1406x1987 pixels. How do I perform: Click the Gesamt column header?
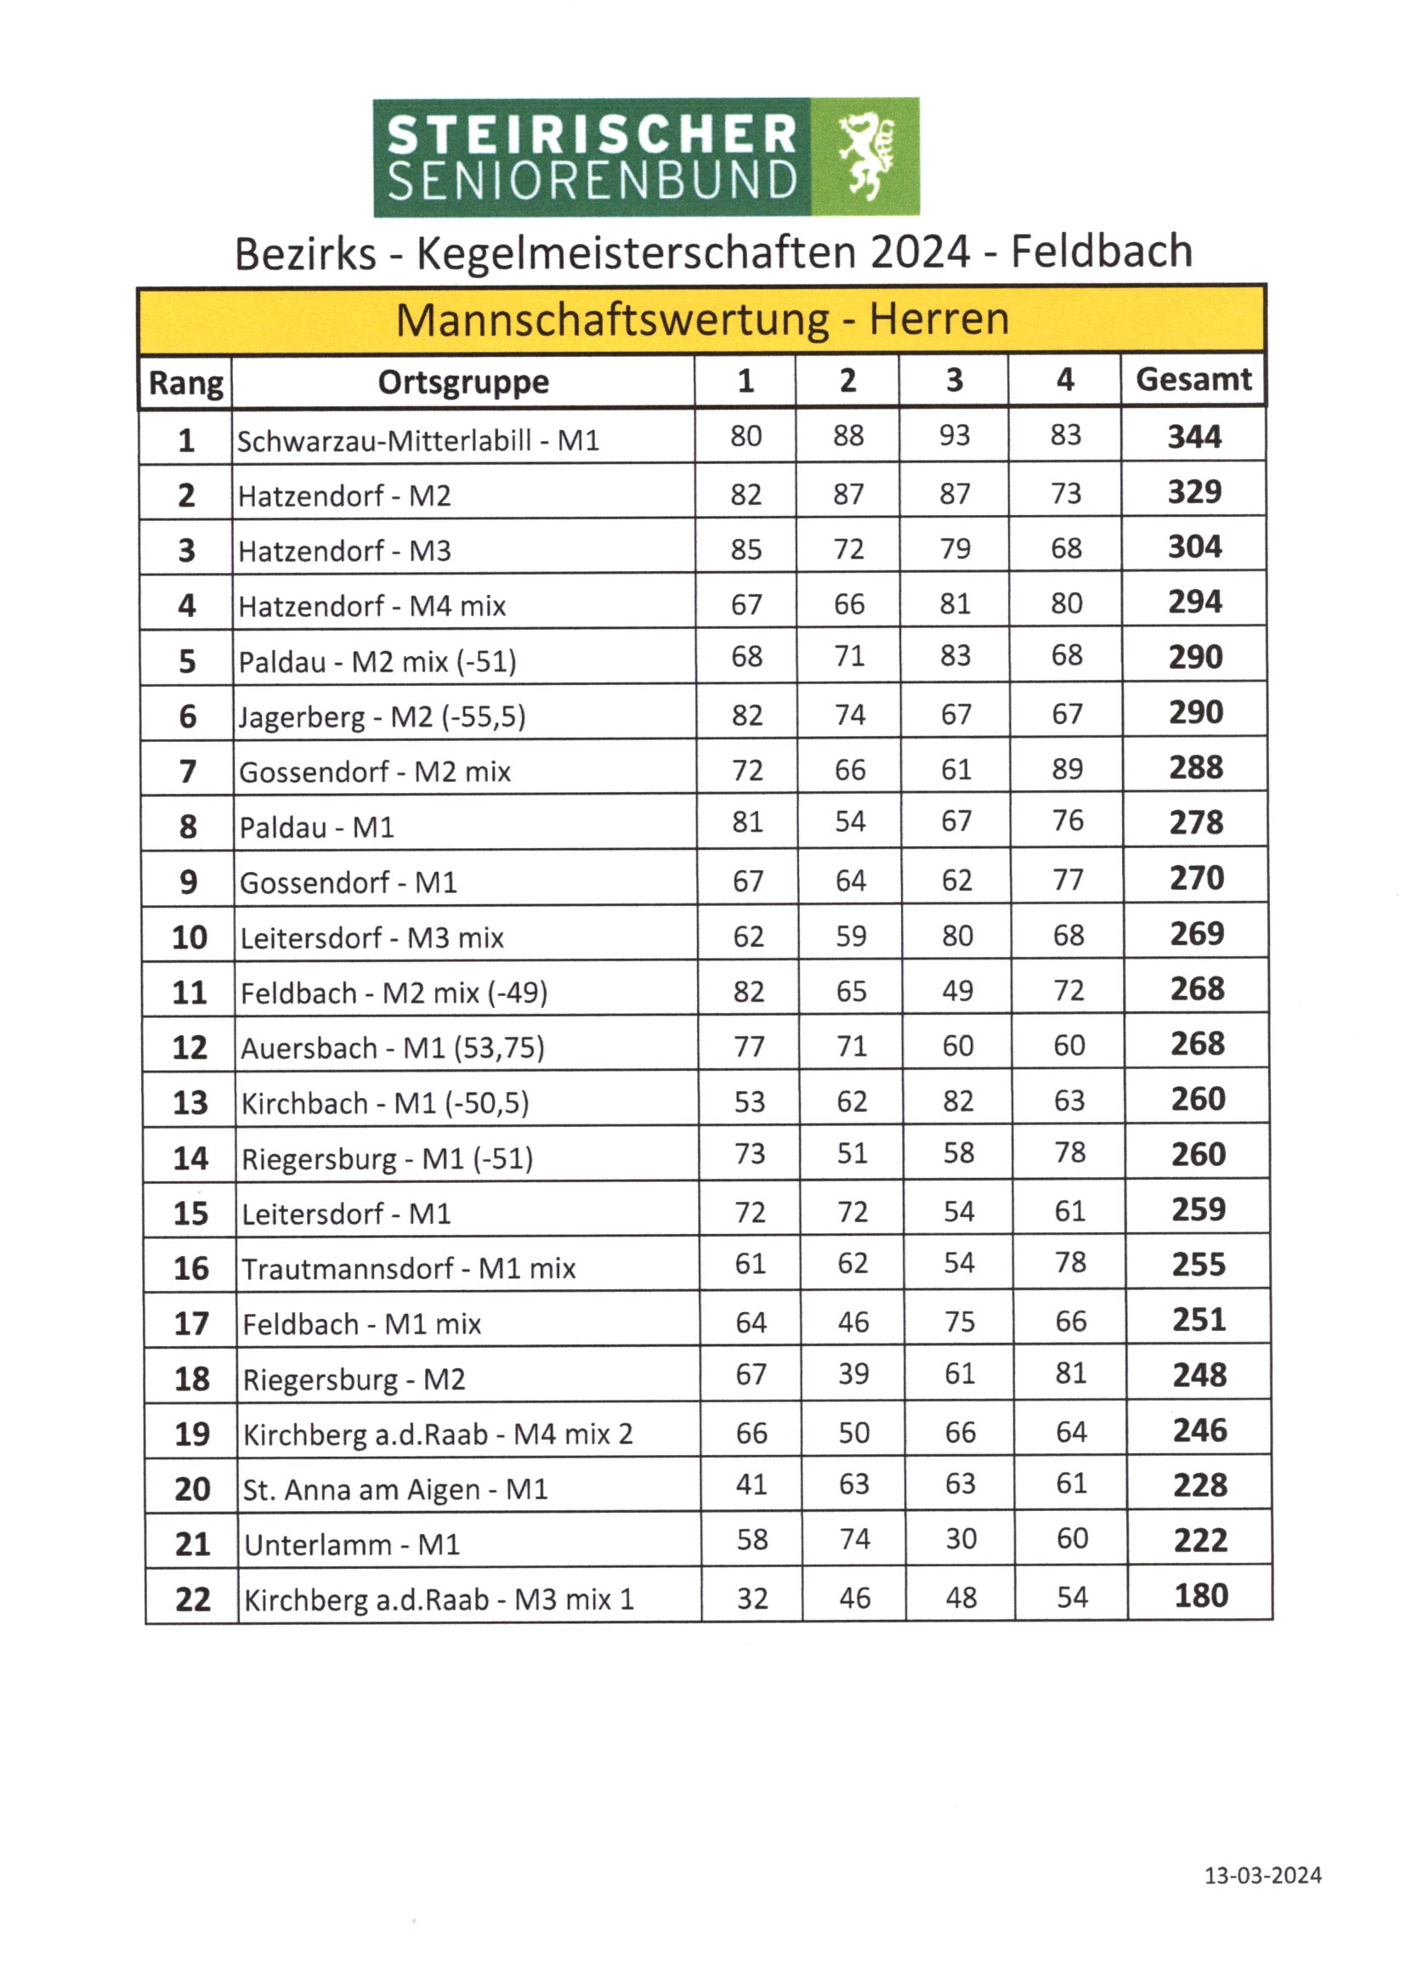pos(1193,380)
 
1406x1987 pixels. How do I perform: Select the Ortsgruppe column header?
pos(463,382)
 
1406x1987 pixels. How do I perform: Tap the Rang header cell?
pos(186,382)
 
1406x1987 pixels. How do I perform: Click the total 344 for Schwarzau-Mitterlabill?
pos(1193,436)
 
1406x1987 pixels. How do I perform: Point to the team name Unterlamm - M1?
pos(352,1545)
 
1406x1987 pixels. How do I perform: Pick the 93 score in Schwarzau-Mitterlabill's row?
pos(954,435)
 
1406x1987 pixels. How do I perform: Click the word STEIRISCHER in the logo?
pos(592,135)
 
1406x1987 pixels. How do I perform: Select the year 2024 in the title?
pos(920,252)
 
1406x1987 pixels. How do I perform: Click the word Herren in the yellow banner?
pos(939,320)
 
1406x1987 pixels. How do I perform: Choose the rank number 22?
pos(192,1599)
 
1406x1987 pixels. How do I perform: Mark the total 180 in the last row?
pos(1201,1596)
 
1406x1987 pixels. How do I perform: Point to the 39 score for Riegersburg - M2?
pos(853,1373)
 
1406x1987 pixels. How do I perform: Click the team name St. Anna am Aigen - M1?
pos(394,1489)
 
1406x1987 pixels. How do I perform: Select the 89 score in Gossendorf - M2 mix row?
pos(1068,768)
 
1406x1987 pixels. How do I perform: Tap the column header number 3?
pos(954,380)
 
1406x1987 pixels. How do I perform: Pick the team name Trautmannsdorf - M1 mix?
pos(409,1269)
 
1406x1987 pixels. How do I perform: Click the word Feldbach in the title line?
pos(1101,252)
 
